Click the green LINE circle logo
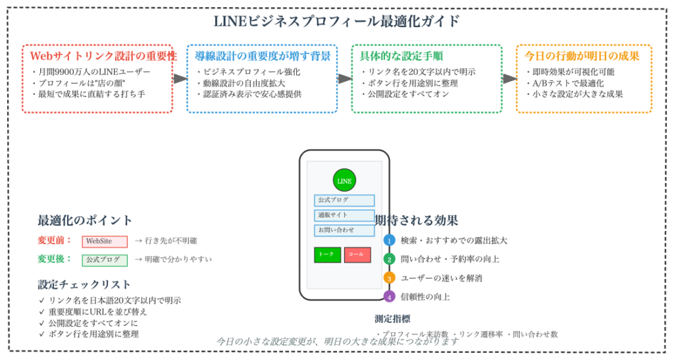point(344,180)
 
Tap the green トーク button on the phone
point(327,255)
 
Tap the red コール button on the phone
point(357,255)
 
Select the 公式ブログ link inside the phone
point(344,200)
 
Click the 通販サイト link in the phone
point(344,215)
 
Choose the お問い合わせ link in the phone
point(344,230)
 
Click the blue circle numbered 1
point(389,240)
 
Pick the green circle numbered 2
point(389,259)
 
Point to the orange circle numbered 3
point(389,278)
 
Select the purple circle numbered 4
point(389,296)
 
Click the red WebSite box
point(105,242)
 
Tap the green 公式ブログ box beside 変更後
point(105,260)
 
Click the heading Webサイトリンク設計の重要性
point(103,57)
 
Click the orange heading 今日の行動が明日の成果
point(582,57)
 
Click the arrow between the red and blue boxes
point(180,78)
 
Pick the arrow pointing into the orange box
point(509,78)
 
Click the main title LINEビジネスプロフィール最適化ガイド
point(337,21)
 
